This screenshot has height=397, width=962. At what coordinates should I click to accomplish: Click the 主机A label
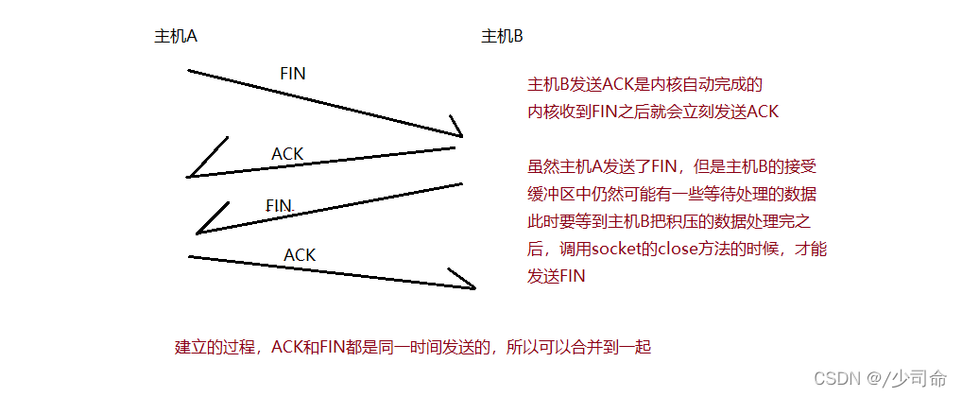tap(175, 37)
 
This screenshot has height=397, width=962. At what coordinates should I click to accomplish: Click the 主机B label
tap(502, 37)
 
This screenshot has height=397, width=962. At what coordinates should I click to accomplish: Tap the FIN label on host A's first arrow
tap(293, 73)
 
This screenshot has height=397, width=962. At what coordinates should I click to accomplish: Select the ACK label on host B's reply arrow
tap(287, 153)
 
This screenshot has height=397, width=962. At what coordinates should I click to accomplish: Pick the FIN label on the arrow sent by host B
tap(280, 205)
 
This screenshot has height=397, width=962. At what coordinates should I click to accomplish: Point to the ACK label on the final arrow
tap(300, 255)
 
